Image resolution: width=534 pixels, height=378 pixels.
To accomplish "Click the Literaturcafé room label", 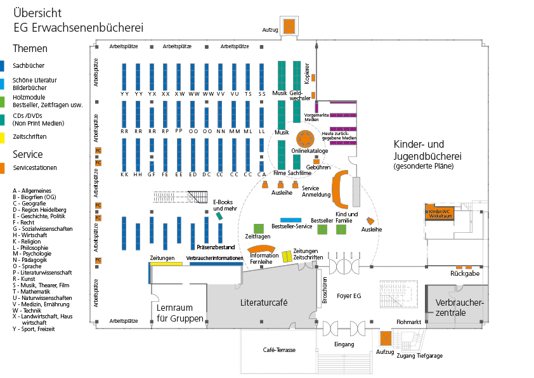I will coord(264,303).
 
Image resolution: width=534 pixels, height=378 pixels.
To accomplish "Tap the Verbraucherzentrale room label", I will coord(459,308).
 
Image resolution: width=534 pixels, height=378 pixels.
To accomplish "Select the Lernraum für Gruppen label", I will coord(180,313).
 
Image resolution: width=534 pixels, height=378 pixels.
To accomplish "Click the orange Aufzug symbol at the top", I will coord(289,27).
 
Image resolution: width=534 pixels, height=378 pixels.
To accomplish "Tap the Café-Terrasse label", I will coord(279,350).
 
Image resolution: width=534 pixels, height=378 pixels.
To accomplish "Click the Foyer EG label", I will coord(349,296).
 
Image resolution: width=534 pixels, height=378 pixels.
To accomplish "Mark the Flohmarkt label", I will coord(409,322).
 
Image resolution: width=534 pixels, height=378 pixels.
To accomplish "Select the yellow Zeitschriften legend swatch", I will coord(3,136).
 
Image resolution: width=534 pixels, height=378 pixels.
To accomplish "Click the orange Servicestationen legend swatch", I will coord(3,168).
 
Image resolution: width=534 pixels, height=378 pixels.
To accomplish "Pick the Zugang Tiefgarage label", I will coord(420,356).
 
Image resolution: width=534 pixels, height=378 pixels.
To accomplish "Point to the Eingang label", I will coord(344,344).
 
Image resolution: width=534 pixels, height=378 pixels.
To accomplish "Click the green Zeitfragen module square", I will coord(258,228).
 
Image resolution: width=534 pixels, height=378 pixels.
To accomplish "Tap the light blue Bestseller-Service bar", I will coord(291,219).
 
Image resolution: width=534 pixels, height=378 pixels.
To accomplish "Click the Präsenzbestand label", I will coord(216,247).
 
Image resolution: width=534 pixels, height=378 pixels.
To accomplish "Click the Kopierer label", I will coord(307,73).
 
